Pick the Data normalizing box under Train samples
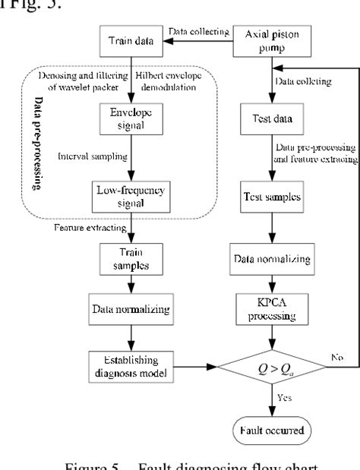pos(139,310)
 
